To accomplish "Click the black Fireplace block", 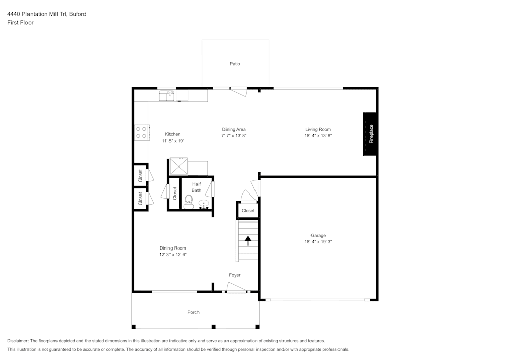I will point(370,133).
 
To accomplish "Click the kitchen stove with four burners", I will point(142,132).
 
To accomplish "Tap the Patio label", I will point(234,64).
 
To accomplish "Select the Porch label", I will point(193,312).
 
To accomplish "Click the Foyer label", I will point(234,275).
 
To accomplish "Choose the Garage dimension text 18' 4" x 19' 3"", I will point(318,242).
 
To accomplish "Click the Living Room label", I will point(318,129).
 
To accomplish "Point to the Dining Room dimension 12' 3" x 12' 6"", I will point(173,255).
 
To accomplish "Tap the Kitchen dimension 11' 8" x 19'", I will point(173,141).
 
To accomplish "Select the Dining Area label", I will point(234,129).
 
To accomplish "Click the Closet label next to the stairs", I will point(248,211).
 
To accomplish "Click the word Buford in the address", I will point(77,14).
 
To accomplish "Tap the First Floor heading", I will point(20,23).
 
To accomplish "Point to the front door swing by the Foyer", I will point(236,290).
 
